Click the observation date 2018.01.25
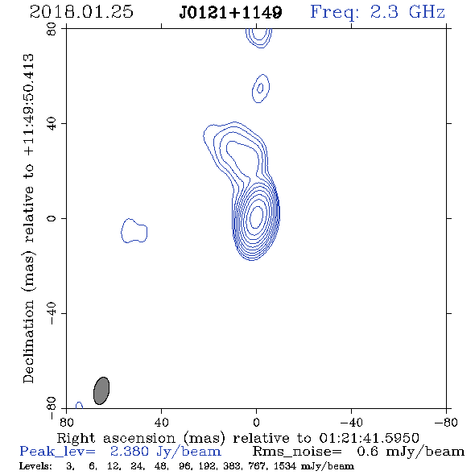click(x=81, y=12)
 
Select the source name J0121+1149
click(x=230, y=12)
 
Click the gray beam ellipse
click(x=101, y=390)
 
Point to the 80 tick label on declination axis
click(x=52, y=29)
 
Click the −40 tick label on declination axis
click(x=52, y=313)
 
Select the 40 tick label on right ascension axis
click(x=161, y=423)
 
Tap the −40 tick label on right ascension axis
click(x=351, y=423)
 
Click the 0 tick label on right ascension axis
click(x=256, y=423)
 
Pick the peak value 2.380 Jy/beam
click(x=165, y=452)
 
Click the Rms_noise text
click(x=297, y=452)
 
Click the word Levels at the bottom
click(x=35, y=465)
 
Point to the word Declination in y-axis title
click(x=28, y=341)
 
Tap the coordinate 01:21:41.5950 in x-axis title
click(x=369, y=438)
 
